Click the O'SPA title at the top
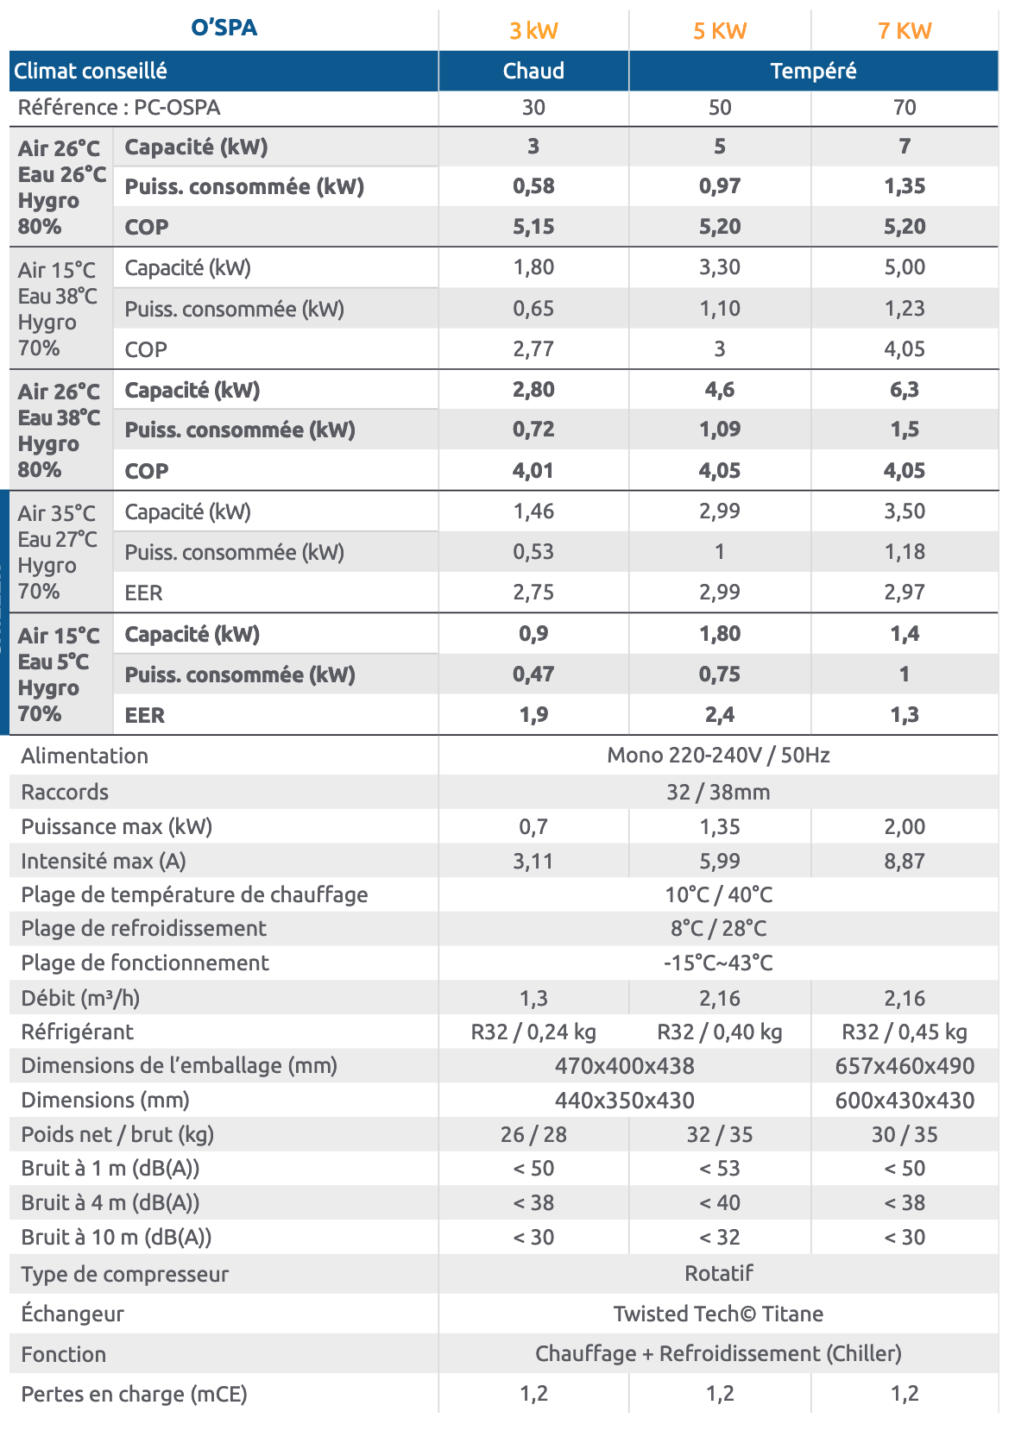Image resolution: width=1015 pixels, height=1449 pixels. click(x=224, y=28)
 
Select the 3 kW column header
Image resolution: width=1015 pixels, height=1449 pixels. click(x=533, y=31)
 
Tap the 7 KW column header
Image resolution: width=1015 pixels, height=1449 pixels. click(x=905, y=31)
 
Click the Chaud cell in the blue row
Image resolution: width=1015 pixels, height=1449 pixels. click(x=533, y=71)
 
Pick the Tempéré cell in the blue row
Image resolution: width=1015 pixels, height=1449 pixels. click(x=813, y=71)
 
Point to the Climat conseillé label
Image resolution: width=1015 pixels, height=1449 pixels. click(x=91, y=71)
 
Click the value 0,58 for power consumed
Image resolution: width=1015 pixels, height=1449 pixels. click(x=533, y=186)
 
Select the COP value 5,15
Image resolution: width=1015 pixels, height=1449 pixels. click(x=533, y=227)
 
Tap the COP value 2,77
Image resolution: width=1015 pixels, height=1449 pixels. click(x=533, y=349)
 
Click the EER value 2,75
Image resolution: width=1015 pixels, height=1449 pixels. click(x=533, y=593)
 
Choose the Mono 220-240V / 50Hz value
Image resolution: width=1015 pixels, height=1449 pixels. click(x=718, y=756)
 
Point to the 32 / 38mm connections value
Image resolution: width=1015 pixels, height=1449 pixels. click(x=718, y=792)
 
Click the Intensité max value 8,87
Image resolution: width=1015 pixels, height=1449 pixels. click(x=905, y=861)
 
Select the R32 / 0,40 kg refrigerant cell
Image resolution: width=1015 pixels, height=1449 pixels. click(x=720, y=1032)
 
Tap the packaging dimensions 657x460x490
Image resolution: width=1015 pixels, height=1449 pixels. click(x=905, y=1066)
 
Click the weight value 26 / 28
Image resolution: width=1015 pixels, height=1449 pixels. click(x=533, y=1134)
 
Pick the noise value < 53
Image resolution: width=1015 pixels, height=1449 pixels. click(x=720, y=1169)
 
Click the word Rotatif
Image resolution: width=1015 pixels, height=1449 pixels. click(x=718, y=1273)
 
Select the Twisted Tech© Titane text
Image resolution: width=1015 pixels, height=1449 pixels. click(x=718, y=1314)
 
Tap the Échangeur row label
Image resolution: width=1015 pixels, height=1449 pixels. click(x=72, y=1314)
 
